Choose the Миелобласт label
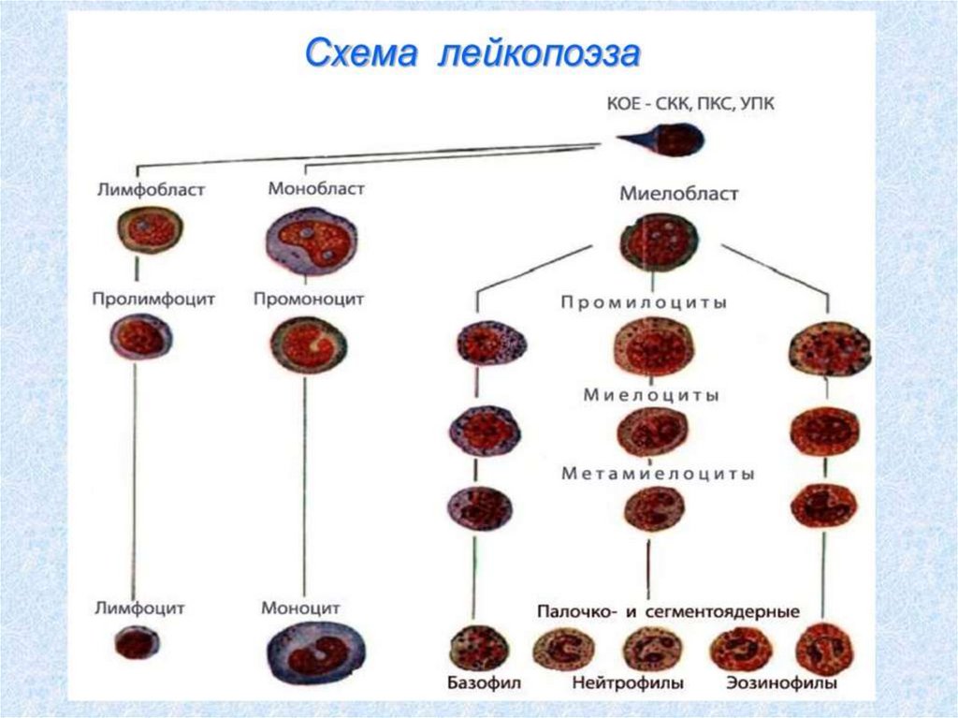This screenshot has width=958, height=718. (x=679, y=194)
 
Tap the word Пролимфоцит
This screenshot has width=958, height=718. (x=154, y=299)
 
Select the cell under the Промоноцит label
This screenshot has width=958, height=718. (x=307, y=344)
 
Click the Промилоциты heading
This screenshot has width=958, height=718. (x=646, y=302)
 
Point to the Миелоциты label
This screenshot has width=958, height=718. (x=652, y=395)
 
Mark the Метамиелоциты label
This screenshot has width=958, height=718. (x=659, y=474)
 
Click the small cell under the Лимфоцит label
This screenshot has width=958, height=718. (x=137, y=642)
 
